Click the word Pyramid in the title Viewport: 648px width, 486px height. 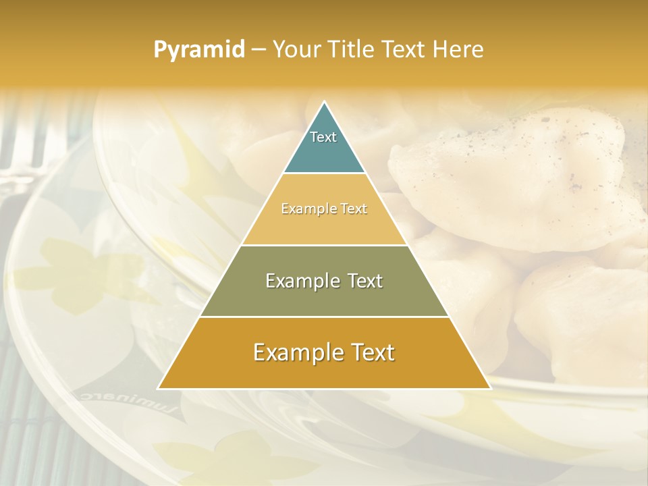point(198,50)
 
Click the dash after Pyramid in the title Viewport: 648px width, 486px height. point(258,50)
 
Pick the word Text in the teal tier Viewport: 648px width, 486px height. point(323,137)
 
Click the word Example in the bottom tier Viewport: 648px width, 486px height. point(293,352)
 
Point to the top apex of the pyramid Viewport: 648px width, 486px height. point(324,102)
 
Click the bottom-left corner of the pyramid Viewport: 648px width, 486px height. point(159,389)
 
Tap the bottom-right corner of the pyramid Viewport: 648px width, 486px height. point(490,389)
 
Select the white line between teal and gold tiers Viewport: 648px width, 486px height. point(324,173)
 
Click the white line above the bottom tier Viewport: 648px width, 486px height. point(324,317)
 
